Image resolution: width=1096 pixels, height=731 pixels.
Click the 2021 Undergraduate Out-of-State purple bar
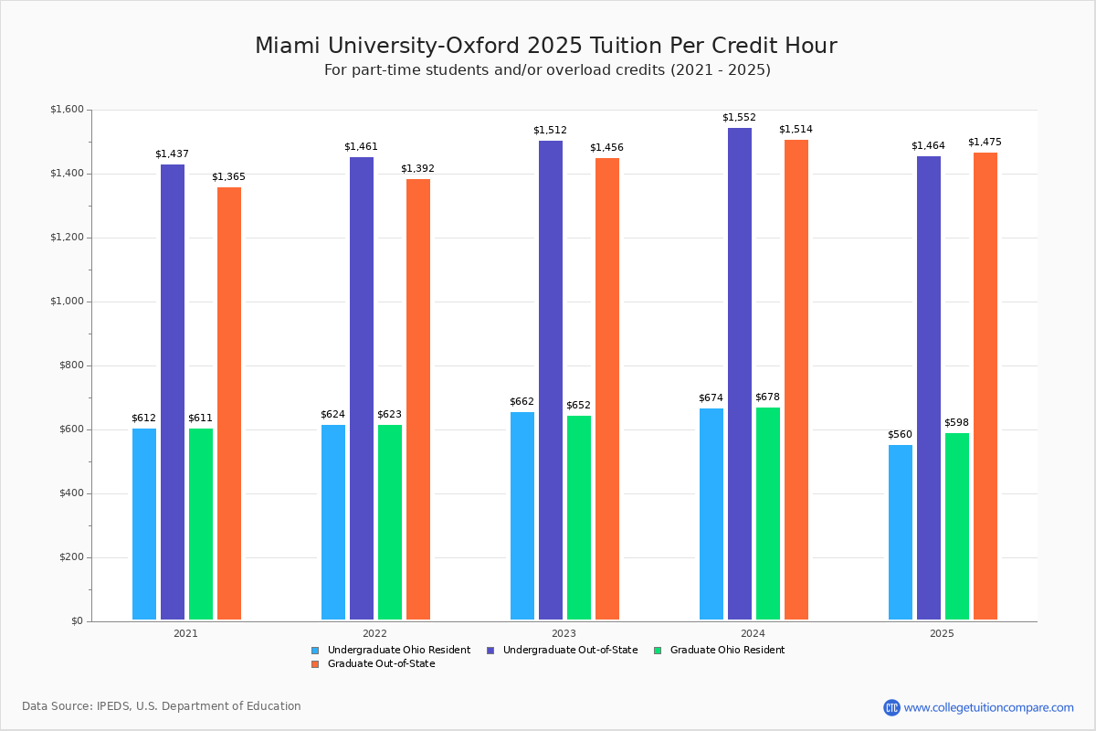pos(173,392)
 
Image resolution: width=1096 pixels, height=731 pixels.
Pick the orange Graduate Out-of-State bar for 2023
pos(607,388)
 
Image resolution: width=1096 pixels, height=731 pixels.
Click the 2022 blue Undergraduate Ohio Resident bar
pos(333,522)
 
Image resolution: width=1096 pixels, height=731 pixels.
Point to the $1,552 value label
pos(739,118)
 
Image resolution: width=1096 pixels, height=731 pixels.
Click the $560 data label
pos(900,435)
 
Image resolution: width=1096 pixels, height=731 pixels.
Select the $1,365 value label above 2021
pos(228,177)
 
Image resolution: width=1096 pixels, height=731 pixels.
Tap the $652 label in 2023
pos(578,406)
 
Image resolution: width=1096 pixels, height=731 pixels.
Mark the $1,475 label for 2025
pos(985,143)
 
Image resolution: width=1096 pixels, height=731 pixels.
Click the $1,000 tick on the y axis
pos(66,302)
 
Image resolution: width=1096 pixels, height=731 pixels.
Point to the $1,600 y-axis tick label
pos(66,110)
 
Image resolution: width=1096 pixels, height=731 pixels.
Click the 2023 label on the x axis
pos(564,633)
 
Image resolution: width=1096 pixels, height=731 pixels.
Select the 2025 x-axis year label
pos(942,633)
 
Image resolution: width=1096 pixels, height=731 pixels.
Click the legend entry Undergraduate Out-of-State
pos(570,651)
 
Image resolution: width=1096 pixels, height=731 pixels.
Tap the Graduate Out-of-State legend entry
pos(381,664)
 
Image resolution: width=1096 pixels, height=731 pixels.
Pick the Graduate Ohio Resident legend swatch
pos(659,651)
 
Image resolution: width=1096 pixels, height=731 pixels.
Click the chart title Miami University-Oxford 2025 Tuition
pos(546,46)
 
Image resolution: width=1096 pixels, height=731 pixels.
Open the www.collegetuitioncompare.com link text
pos(988,707)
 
